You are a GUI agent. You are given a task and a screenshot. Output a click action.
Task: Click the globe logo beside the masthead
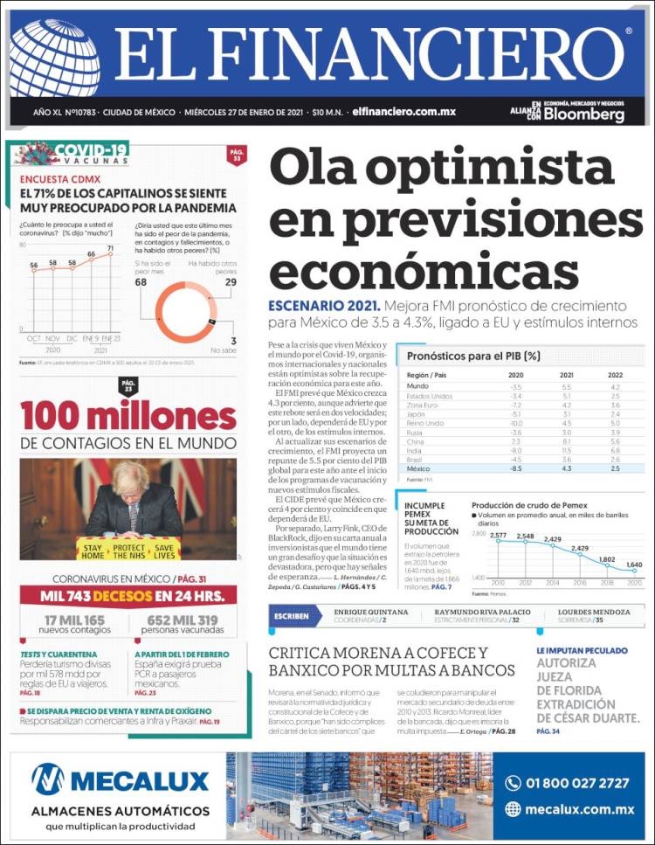[54, 58]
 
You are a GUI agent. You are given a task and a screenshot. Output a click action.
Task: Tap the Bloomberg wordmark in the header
[584, 115]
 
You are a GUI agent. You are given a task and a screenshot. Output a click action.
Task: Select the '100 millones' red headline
[128, 415]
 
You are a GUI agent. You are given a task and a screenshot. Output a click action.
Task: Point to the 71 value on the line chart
[110, 248]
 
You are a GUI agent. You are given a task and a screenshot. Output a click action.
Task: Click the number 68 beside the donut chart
[141, 281]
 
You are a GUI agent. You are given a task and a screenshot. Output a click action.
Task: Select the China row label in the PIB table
[417, 441]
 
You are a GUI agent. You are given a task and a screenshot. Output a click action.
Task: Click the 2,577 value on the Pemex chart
[498, 535]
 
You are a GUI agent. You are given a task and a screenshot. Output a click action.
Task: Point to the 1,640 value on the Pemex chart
[634, 564]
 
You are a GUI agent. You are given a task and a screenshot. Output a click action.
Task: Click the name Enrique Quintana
[371, 612]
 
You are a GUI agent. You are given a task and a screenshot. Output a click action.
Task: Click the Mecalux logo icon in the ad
[48, 779]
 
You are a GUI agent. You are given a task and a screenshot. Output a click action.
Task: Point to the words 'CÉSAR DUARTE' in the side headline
[588, 717]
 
